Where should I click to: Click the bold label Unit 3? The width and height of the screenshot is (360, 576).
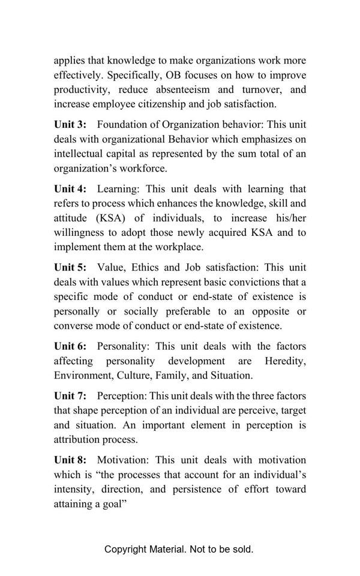(x=70, y=125)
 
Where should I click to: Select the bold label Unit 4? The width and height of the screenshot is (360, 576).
(x=70, y=189)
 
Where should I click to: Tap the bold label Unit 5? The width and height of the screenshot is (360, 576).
(x=70, y=268)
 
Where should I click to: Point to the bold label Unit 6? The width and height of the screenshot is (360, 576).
(x=70, y=346)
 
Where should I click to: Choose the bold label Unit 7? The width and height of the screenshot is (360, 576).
(x=70, y=396)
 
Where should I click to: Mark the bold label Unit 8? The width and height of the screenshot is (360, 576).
(x=70, y=460)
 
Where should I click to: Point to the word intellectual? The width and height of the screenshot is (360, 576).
(x=79, y=154)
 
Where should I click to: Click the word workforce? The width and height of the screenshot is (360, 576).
(x=141, y=169)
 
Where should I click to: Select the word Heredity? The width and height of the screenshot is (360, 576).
(x=285, y=361)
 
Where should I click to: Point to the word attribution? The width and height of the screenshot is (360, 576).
(x=78, y=440)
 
